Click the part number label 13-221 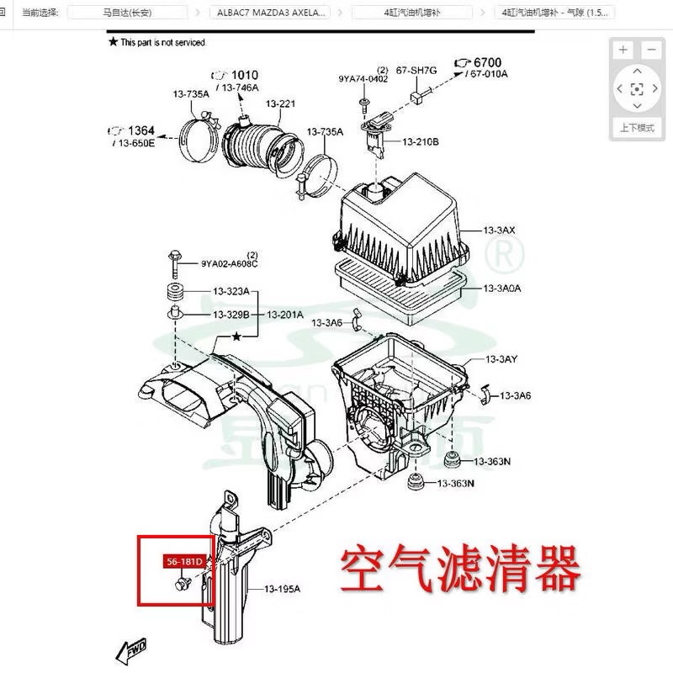pos(281,103)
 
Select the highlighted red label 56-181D pos(183,561)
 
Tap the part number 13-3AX pos(500,230)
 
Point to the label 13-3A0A pos(502,289)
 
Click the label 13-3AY pos(501,360)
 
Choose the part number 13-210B pos(421,142)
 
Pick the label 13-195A pos(282,589)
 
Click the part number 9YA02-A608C pos(229,263)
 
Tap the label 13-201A pos(285,315)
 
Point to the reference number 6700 pos(487,62)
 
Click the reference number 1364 pos(141,130)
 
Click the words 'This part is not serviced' pos(162,42)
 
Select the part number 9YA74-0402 pos(363,79)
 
